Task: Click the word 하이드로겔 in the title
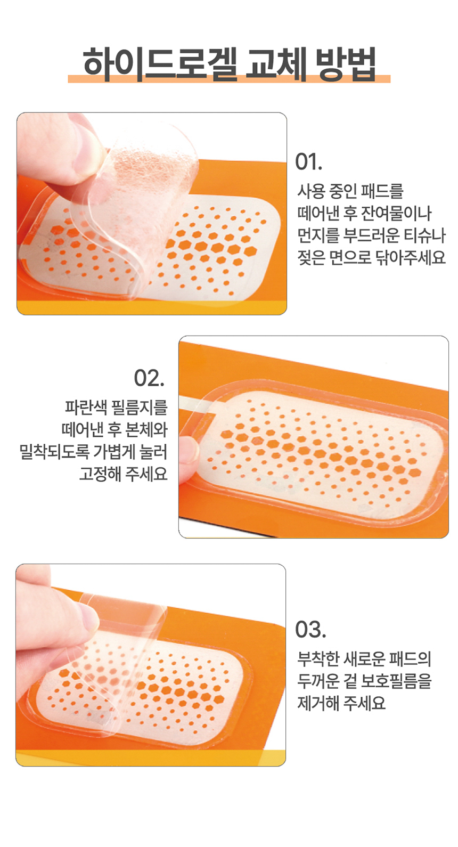coord(160,63)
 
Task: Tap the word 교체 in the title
coord(275,63)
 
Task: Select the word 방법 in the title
coord(346,63)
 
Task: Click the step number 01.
coord(308,162)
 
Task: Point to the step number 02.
coord(149,378)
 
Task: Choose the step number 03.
coord(310,630)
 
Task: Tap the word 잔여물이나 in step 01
coord(396,213)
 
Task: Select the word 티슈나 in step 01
coord(425,235)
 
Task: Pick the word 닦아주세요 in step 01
coord(411,257)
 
